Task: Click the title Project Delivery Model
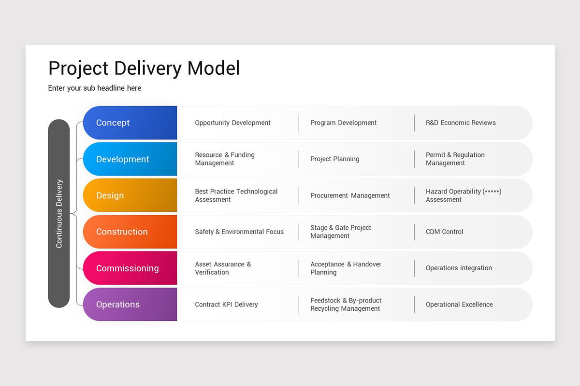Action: point(144,69)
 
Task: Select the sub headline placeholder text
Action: point(95,88)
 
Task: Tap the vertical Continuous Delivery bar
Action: point(59,213)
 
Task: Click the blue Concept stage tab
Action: point(130,123)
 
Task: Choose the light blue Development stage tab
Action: point(130,159)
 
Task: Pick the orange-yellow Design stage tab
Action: point(130,195)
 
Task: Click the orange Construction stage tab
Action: point(130,232)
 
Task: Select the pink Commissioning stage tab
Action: point(130,268)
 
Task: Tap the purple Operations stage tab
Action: point(130,304)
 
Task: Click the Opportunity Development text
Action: point(232,123)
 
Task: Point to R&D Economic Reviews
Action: point(461,123)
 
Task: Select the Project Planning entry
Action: point(335,159)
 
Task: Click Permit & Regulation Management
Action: point(455,159)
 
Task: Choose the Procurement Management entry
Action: point(350,195)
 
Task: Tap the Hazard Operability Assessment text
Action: point(463,195)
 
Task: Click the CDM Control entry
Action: point(444,232)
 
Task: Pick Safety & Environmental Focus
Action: point(239,232)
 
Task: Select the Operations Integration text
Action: point(459,268)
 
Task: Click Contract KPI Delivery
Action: point(226,304)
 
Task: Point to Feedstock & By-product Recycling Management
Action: point(346,304)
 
